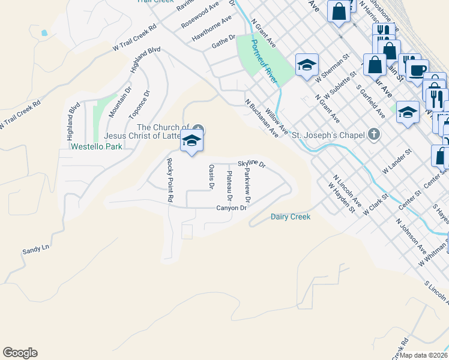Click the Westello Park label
tap(96, 146)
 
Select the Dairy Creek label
tap(291, 217)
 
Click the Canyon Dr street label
tap(232, 208)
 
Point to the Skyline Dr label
tap(251, 163)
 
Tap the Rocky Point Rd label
tap(170, 179)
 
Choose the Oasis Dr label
tap(211, 177)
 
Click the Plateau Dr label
tap(229, 185)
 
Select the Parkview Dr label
tap(247, 184)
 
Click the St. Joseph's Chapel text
tap(328, 135)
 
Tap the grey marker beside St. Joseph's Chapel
tap(374, 134)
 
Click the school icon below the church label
tap(192, 142)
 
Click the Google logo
tap(20, 353)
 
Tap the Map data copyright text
tap(424, 355)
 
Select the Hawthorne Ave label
tap(211, 28)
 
